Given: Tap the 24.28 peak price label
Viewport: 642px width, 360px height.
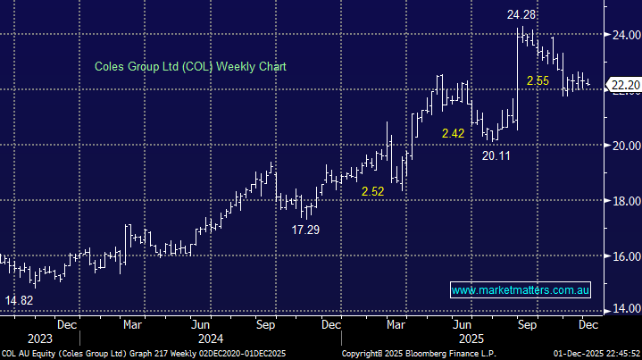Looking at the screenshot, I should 522,15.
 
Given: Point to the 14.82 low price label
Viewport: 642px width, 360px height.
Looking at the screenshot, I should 20,300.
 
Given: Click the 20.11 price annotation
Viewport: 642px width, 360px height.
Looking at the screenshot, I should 497,155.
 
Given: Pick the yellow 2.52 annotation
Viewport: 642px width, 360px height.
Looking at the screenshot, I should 372,192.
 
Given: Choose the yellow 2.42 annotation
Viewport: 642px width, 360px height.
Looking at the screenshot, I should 453,133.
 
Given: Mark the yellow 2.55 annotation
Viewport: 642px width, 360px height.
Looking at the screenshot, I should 538,81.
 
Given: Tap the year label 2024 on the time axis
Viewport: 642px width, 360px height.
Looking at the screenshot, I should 211,339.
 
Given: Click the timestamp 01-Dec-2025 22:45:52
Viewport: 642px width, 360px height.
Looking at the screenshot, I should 590,354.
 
